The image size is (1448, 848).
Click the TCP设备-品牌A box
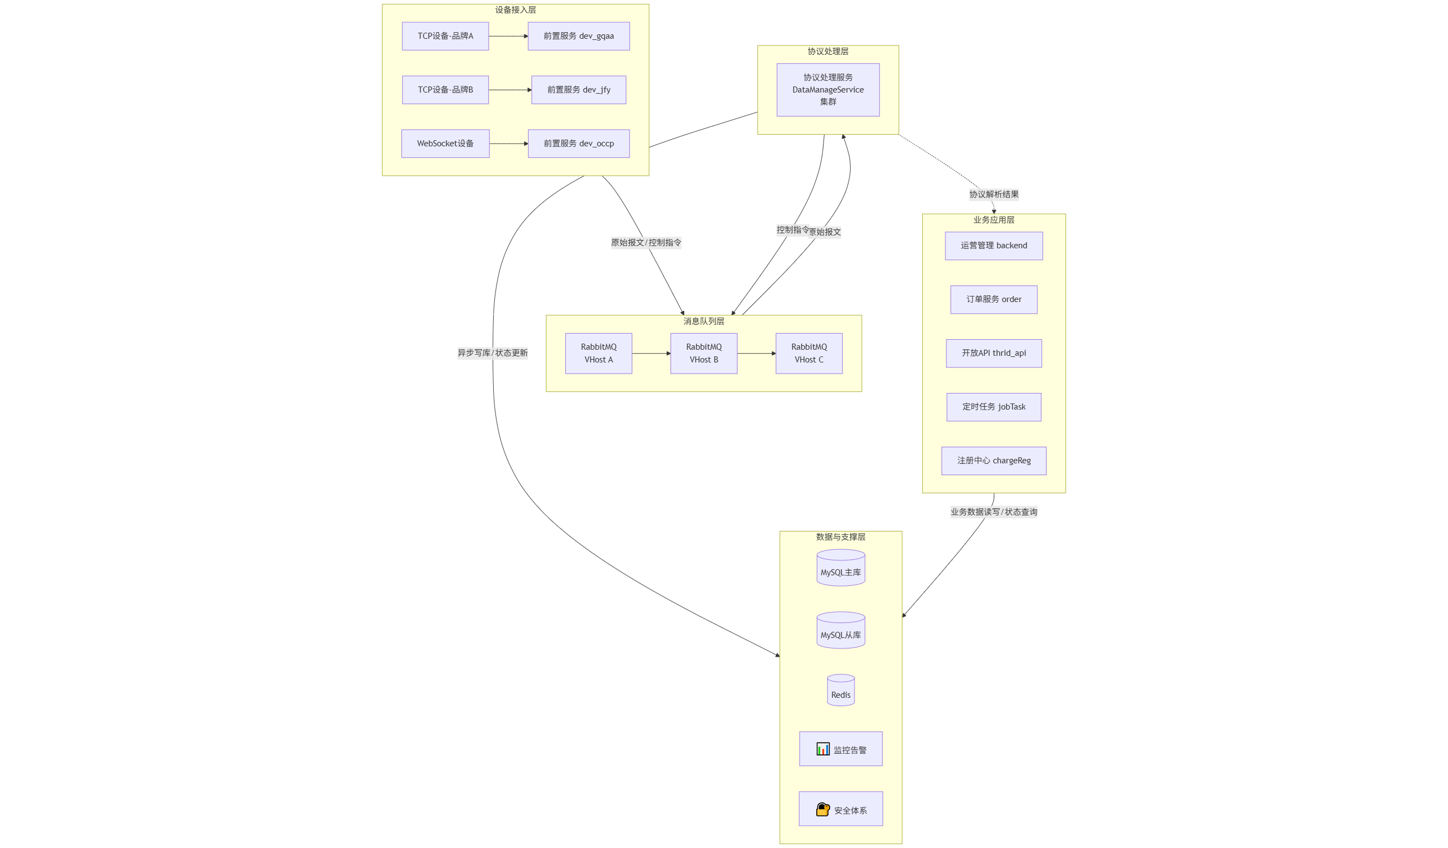coord(446,36)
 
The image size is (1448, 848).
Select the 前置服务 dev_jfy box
coord(579,90)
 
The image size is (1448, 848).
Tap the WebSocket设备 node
coord(446,144)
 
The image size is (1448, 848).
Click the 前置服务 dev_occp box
coord(579,144)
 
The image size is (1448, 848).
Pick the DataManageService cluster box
coord(828,90)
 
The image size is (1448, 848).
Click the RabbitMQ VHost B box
coord(704,354)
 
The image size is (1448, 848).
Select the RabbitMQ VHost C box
coord(809,354)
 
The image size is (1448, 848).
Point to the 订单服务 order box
coord(994,299)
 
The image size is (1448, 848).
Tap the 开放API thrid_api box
coord(994,354)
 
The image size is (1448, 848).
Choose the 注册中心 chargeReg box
coord(994,461)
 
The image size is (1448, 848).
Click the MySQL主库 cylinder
coord(841,568)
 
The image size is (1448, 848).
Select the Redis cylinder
coord(841,691)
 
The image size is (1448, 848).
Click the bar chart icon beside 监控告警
coord(823,749)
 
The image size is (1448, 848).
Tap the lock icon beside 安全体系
coord(823,810)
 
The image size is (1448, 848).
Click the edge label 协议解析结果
coord(994,194)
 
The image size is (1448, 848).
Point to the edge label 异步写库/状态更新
coord(493,353)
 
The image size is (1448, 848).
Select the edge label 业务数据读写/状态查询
coord(994,512)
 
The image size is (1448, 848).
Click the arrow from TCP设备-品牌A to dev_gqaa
coord(508,36)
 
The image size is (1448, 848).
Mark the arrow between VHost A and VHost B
coord(651,354)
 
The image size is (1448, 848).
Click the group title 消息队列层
coord(704,321)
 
